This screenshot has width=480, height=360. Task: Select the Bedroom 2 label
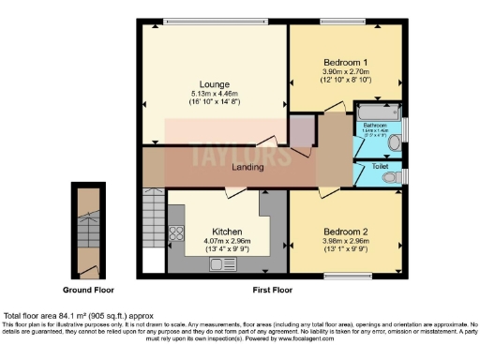pyautogui.click(x=345, y=231)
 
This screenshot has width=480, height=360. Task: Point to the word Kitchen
pyautogui.click(x=227, y=231)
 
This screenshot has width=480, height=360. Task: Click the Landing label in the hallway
pyautogui.click(x=247, y=167)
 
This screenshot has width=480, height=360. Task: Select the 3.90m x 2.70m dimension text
pyautogui.click(x=345, y=71)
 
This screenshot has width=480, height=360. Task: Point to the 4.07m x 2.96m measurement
pyautogui.click(x=227, y=240)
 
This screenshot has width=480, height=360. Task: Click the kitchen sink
pyautogui.click(x=223, y=265)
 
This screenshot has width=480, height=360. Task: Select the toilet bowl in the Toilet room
pyautogui.click(x=397, y=174)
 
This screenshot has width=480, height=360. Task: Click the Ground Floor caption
pyautogui.click(x=90, y=291)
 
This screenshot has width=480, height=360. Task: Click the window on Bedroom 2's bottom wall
pyautogui.click(x=345, y=275)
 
